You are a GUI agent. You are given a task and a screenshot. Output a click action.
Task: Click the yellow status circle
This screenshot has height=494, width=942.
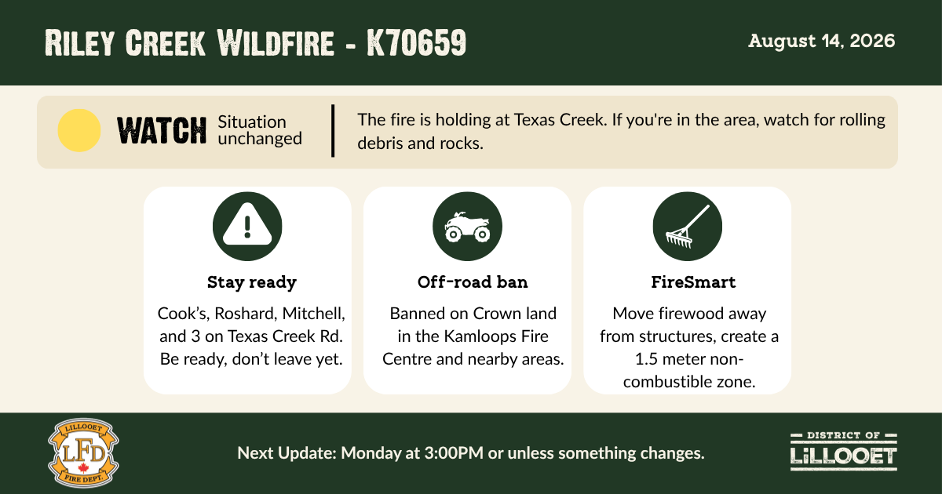pyautogui.click(x=79, y=130)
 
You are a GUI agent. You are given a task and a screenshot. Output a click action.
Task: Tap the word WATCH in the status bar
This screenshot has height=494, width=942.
pyautogui.click(x=162, y=131)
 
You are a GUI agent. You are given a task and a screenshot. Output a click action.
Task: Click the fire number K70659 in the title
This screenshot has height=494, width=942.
pyautogui.click(x=416, y=42)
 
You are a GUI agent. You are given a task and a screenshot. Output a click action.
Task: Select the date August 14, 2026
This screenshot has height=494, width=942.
pyautogui.click(x=821, y=41)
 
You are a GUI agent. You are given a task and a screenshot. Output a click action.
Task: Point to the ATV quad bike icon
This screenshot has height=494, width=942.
pyautogui.click(x=467, y=226)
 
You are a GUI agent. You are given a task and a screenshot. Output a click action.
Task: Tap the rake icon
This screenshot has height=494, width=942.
pyautogui.click(x=687, y=226)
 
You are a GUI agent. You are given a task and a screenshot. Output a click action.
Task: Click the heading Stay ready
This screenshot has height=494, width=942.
pyautogui.click(x=251, y=282)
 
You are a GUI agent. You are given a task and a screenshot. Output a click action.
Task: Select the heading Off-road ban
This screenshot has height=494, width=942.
pyautogui.click(x=473, y=282)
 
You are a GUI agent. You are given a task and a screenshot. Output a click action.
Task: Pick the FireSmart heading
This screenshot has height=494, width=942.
pyautogui.click(x=693, y=282)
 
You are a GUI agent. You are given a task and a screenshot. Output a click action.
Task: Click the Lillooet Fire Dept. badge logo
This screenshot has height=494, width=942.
pyautogui.click(x=83, y=452)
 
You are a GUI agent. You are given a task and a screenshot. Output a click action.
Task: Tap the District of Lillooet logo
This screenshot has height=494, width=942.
pyautogui.click(x=844, y=452)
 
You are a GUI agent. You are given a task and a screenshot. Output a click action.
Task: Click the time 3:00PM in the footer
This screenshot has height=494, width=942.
pyautogui.click(x=454, y=453)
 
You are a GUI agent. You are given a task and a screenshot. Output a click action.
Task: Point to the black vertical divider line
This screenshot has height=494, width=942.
pyautogui.click(x=333, y=131)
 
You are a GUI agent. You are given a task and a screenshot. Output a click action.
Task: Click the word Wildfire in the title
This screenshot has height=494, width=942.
pyautogui.click(x=276, y=42)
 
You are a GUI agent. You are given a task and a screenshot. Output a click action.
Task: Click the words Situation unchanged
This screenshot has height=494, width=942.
pyautogui.click(x=260, y=130)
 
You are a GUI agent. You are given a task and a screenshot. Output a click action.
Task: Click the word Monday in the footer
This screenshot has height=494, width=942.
pyautogui.click(x=371, y=453)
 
